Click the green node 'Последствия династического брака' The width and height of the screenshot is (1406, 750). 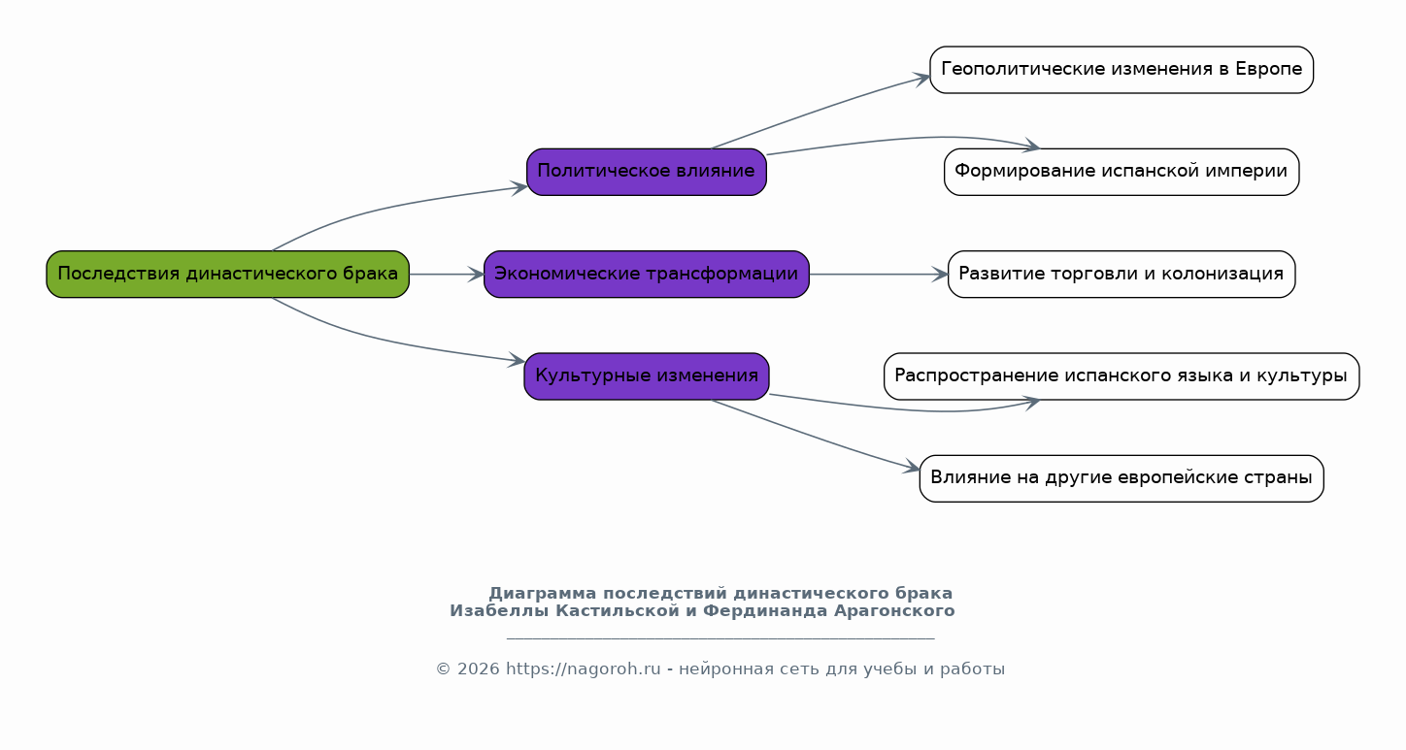228,274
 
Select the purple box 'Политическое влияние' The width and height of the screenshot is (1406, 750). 647,172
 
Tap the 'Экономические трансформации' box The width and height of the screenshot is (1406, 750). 647,274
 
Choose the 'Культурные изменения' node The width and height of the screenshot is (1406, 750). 647,376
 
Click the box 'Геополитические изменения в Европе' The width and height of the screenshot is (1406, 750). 1121,70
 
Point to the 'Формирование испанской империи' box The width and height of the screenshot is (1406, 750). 1121,172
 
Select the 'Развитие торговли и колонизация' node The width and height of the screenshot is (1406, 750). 1121,274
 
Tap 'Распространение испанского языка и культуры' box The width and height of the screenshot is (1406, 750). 1121,376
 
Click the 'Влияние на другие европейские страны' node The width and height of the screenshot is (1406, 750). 1121,478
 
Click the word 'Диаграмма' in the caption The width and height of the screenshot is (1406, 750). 543,593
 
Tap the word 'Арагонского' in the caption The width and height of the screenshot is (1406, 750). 894,611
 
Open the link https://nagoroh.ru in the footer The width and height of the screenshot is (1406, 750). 584,669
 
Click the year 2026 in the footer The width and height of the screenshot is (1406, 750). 479,669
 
